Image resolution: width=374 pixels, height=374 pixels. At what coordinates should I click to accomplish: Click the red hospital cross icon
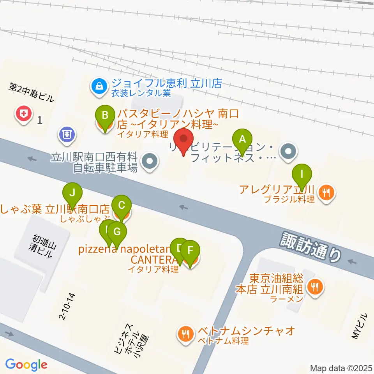(24, 114)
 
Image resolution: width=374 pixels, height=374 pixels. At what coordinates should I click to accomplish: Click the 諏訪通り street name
(311, 249)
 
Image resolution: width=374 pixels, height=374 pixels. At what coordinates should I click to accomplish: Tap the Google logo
(26, 365)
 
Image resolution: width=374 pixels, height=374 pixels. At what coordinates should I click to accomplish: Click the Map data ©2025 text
(341, 368)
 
